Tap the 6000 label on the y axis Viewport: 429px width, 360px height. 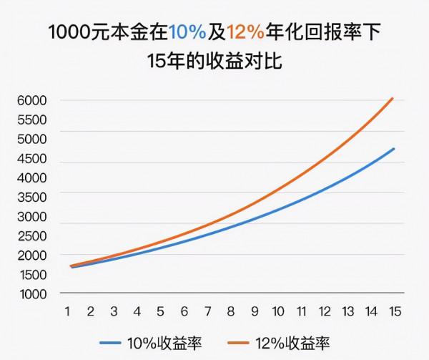[31, 100]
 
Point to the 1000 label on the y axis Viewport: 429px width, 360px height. [31, 293]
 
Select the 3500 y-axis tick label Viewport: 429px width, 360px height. [31, 197]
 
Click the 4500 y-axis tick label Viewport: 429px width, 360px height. [31, 158]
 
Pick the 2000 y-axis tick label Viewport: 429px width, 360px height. [31, 255]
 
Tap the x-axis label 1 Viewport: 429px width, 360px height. [67, 313]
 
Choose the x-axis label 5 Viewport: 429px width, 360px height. [160, 313]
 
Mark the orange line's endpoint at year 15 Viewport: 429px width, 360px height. [393, 98]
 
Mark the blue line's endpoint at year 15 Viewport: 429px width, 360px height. [393, 149]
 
